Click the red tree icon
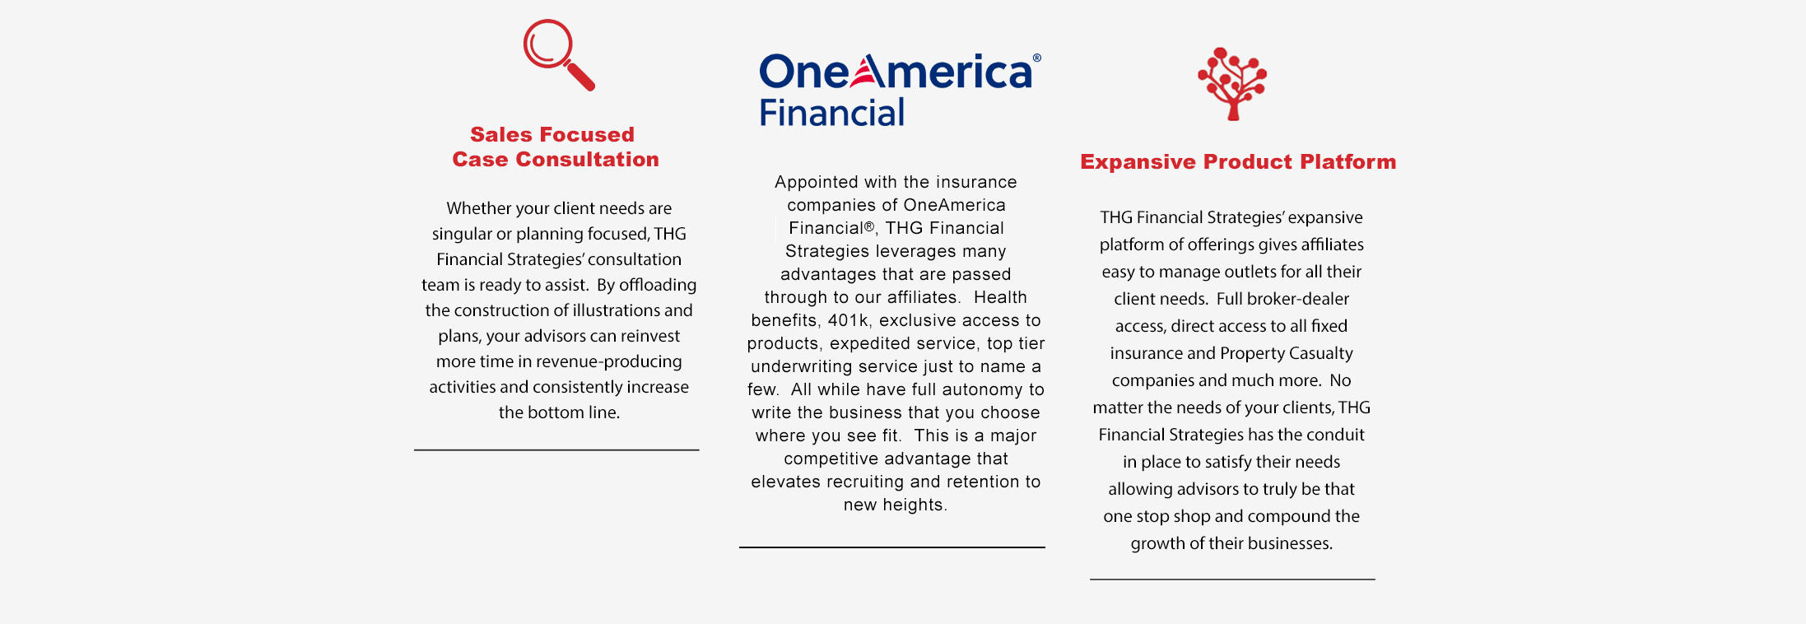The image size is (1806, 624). (x=1232, y=84)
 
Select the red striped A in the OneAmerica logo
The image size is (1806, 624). (x=868, y=71)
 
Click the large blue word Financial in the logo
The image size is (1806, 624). (x=831, y=113)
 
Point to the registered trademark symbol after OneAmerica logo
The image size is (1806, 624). (x=1037, y=58)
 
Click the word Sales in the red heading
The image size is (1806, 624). (x=501, y=134)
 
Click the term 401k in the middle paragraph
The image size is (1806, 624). (x=849, y=320)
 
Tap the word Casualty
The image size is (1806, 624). (x=1322, y=353)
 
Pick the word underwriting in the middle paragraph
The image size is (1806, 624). (x=803, y=366)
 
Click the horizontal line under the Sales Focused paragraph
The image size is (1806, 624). (x=556, y=450)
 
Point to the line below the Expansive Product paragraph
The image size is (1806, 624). (x=1232, y=580)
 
